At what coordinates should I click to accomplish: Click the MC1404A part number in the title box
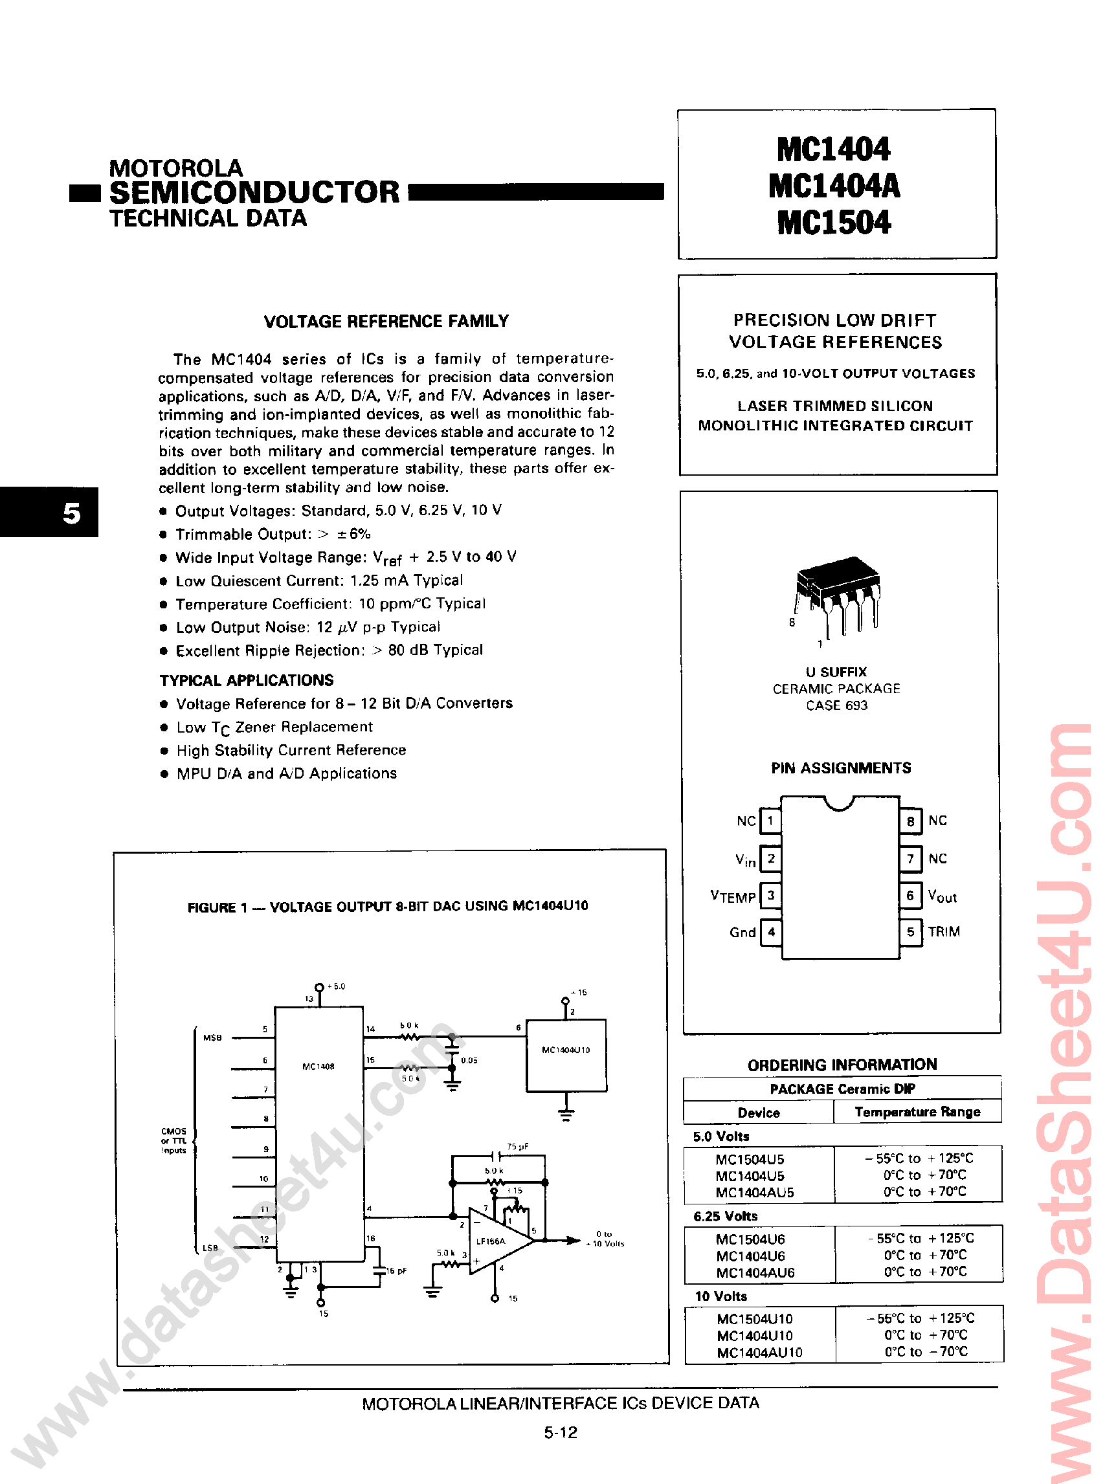834,186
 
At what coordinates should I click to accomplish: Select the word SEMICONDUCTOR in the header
254,193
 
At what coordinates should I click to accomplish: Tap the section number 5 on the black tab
71,513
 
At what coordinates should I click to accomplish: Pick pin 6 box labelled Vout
910,896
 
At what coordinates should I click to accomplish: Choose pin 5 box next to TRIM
910,931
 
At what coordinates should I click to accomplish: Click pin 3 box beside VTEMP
770,895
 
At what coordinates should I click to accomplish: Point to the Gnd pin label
742,932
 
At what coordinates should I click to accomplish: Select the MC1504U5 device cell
750,1159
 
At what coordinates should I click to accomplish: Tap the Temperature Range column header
917,1111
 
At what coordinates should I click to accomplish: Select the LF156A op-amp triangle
498,1241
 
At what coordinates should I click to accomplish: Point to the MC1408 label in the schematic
318,1066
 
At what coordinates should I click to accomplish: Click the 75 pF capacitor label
518,1146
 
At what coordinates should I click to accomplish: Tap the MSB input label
213,1038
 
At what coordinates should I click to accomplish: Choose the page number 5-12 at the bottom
561,1432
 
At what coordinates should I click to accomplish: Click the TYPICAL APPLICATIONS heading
246,680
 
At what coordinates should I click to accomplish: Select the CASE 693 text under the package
836,705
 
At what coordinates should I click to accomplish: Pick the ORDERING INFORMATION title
842,1065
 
